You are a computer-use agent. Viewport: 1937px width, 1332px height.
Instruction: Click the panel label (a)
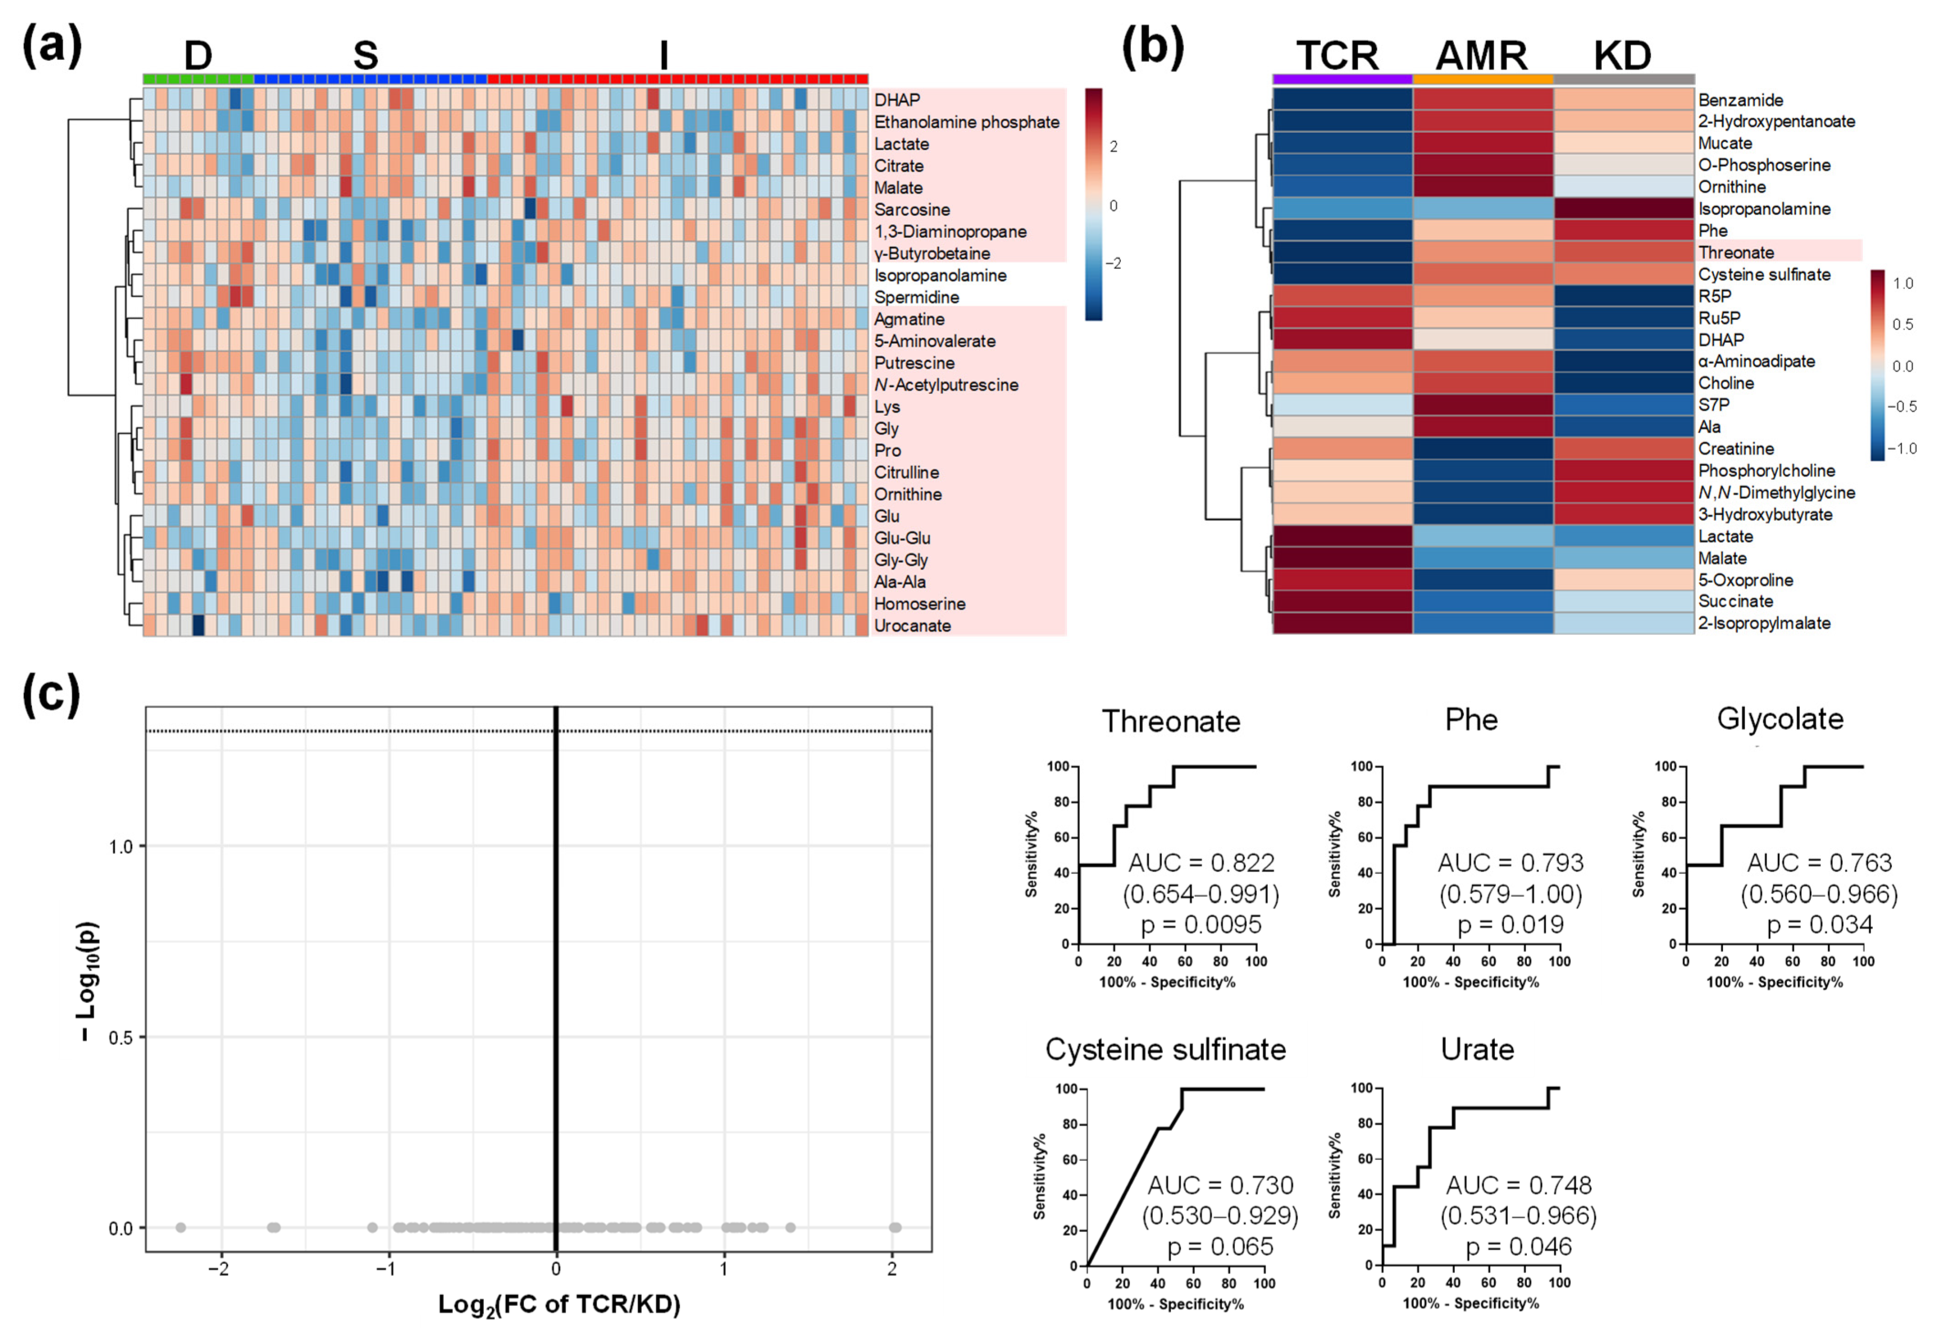[52, 46]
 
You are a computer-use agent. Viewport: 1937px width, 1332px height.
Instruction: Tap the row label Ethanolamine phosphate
[966, 122]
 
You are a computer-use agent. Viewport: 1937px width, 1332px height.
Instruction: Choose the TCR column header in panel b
[1338, 56]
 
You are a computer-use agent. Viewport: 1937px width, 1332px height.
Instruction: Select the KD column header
[1622, 56]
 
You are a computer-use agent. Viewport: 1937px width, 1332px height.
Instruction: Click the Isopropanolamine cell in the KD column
[1623, 209]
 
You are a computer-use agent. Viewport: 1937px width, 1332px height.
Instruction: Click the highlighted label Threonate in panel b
[1736, 252]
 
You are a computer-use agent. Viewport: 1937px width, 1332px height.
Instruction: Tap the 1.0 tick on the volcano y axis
[122, 846]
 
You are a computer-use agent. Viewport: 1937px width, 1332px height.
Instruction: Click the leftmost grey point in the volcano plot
[180, 1228]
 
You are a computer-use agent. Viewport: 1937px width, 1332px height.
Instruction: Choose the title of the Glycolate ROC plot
[1779, 719]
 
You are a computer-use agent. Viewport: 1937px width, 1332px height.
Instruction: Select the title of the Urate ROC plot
[1477, 1050]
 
